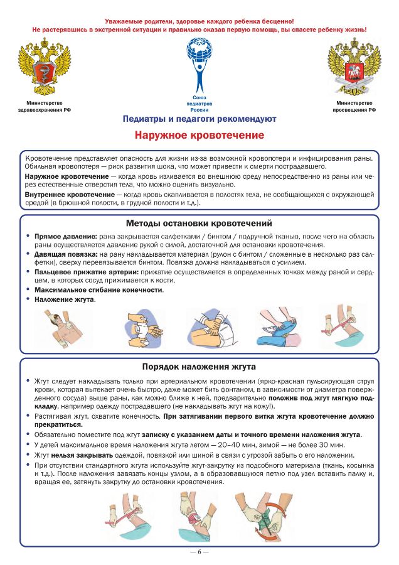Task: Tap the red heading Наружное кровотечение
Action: coord(199,135)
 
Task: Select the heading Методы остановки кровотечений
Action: coord(199,223)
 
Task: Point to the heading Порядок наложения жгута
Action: coord(199,366)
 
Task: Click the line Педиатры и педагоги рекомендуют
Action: coord(199,118)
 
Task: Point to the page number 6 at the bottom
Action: coord(199,552)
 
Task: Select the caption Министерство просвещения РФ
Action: coord(354,106)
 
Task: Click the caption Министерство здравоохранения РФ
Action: coord(44,106)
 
